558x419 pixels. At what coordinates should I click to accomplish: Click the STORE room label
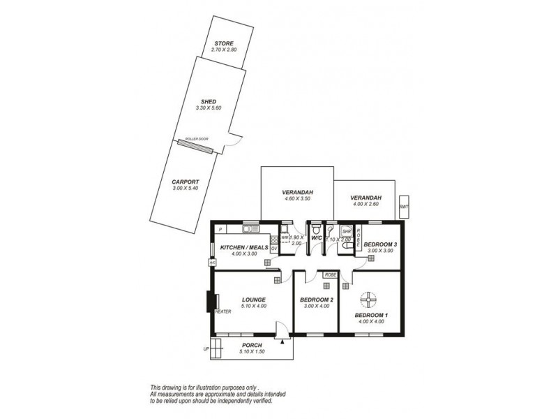tap(224, 44)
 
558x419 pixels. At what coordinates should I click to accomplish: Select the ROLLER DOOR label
tap(197, 139)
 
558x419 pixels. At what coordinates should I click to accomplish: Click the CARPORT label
tap(186, 182)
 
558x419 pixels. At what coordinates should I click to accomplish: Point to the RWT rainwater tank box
tap(404, 207)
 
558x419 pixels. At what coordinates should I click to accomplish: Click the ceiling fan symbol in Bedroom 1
tap(368, 300)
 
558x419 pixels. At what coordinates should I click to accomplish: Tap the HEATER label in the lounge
tap(223, 311)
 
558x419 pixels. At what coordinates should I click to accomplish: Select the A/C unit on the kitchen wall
tap(211, 263)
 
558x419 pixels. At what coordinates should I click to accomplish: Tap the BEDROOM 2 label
tap(316, 300)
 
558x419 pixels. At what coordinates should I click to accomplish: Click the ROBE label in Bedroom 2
tap(331, 275)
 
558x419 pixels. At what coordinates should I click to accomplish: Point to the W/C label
tap(316, 238)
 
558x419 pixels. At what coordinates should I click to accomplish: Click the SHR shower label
tap(345, 231)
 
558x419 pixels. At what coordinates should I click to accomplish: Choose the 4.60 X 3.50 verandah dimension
tap(296, 199)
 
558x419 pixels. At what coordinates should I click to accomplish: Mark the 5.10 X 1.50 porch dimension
tap(251, 352)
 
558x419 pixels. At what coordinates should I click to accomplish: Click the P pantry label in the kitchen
tap(220, 229)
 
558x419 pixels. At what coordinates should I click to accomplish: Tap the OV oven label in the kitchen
tap(274, 247)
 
